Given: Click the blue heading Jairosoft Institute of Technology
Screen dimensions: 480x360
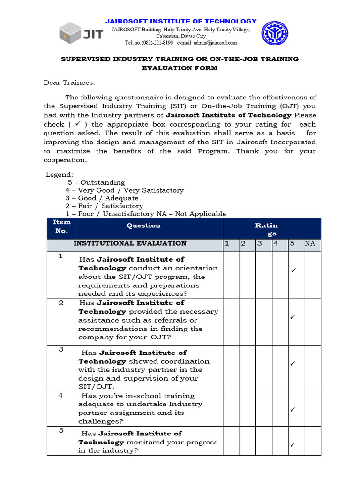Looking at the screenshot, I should (181, 21).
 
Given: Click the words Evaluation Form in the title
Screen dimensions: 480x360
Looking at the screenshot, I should (180, 68).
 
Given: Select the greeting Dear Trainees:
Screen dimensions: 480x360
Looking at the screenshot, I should (69, 82).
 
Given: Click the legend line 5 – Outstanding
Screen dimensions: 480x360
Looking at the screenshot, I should (96, 182).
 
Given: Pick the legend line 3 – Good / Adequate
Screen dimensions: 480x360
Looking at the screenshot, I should (102, 198).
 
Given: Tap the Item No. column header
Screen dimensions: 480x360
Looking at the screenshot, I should (61, 226).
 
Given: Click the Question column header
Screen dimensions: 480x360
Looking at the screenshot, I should (143, 225).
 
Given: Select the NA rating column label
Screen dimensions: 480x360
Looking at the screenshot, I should (310, 243).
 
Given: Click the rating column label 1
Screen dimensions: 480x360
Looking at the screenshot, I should (227, 243).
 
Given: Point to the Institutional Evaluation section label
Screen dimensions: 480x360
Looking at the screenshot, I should (130, 243).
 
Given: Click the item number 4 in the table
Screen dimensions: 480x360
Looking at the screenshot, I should (60, 396).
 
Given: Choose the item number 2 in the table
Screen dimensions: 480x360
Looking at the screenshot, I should (60, 303).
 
